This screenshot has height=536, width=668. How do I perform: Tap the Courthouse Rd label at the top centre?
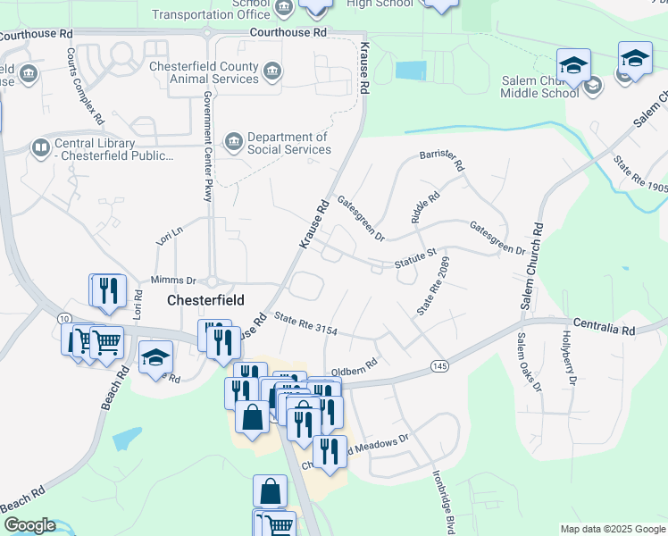pyautogui.click(x=288, y=31)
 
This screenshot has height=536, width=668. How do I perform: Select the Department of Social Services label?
pyautogui.click(x=288, y=143)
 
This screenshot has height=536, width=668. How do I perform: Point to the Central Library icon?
pyautogui.click(x=40, y=147)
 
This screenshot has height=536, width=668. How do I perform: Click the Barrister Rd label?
pyautogui.click(x=442, y=161)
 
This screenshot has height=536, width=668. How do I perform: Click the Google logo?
pyautogui.click(x=29, y=525)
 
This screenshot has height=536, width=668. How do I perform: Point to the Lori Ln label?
pyautogui.click(x=169, y=237)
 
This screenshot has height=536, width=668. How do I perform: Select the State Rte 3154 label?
pyautogui.click(x=305, y=323)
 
